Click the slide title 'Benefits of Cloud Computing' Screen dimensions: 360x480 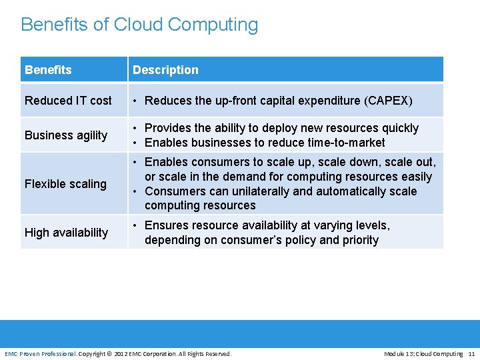click(139, 25)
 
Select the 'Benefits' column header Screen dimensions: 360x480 click(48, 70)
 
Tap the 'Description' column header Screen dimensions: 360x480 click(165, 70)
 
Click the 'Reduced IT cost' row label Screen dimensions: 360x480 click(68, 101)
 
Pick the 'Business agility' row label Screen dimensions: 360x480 click(66, 135)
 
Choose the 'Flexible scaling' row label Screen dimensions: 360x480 click(65, 184)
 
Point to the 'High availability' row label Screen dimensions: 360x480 click(66, 233)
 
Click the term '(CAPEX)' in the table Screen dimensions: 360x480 click(388, 101)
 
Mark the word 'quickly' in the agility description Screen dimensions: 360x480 click(398, 128)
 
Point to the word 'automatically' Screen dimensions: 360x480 click(350, 191)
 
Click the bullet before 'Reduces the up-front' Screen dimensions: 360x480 click(135, 101)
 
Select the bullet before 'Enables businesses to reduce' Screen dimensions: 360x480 click(135, 143)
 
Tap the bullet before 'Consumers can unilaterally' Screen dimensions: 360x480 click(135, 191)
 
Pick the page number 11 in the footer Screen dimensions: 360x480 click(471, 353)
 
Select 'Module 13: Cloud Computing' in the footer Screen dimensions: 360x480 click(423, 353)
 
